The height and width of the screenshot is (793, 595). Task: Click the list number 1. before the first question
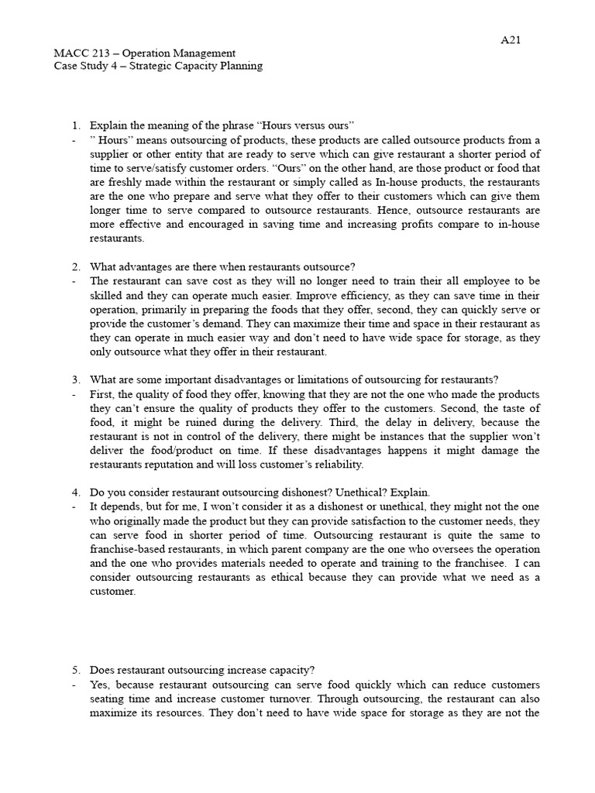point(75,125)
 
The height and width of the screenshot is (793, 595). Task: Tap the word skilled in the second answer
point(108,295)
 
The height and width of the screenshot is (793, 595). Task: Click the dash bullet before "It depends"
point(72,506)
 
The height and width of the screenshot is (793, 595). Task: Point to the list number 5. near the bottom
point(75,671)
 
